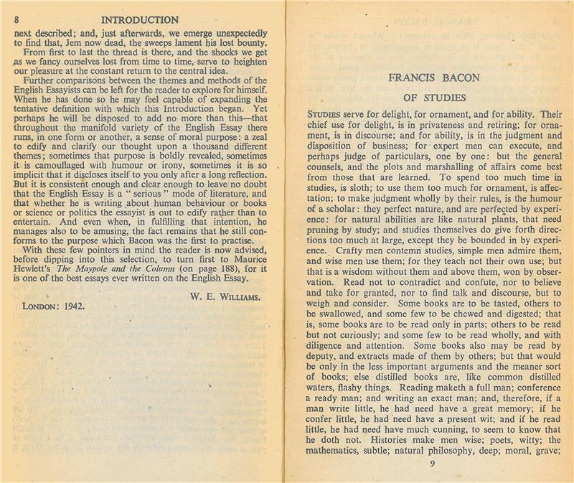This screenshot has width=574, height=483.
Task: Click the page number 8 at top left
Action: pyautogui.click(x=15, y=20)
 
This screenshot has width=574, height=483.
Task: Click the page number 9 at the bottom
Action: pyautogui.click(x=432, y=463)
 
